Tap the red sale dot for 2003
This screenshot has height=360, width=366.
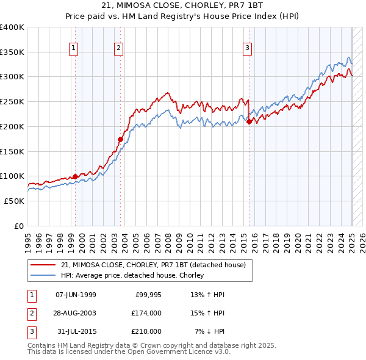120,140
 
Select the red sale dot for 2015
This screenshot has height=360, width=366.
249,122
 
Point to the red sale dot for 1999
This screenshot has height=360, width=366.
75,177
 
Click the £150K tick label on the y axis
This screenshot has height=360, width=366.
12,151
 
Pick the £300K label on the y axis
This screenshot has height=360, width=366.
12,77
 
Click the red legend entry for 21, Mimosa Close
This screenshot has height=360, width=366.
153,265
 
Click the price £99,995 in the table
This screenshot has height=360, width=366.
148,295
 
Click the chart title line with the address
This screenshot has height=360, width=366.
183,7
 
